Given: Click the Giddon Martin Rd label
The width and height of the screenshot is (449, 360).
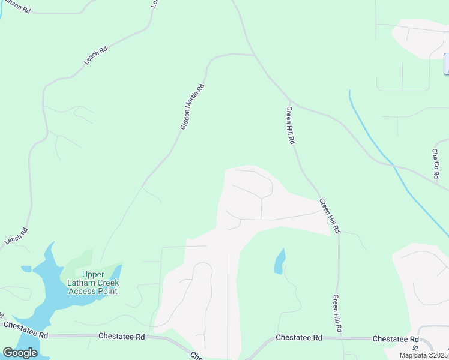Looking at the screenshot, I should [193, 107].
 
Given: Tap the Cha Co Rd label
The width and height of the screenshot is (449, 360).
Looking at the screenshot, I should [436, 164].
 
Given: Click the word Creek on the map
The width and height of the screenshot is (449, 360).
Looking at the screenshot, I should [107, 283].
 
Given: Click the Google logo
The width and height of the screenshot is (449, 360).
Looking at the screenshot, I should [20, 352].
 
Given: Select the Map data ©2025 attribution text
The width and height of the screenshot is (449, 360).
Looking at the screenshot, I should [423, 355].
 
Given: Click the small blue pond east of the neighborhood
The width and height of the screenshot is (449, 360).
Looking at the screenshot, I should [279, 262].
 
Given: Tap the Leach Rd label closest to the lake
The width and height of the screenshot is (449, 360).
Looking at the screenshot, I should [16, 235].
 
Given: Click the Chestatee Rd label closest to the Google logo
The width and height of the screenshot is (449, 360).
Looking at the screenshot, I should [26, 329].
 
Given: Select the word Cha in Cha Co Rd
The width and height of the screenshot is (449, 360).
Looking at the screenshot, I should [436, 155].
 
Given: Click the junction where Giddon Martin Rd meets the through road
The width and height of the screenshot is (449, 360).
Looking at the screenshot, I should [255, 55].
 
